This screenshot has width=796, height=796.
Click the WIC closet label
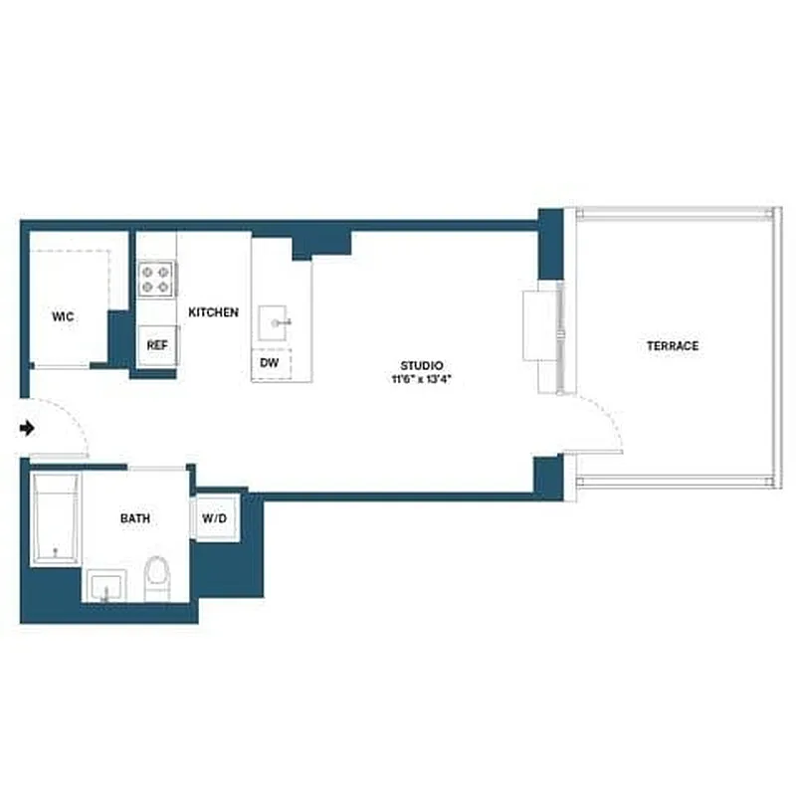pos(63,316)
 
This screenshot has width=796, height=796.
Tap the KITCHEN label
pos(213,312)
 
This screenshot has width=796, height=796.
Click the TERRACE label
pos(673,346)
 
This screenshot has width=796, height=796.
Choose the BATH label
pos(135,518)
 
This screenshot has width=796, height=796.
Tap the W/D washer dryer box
pos(214,518)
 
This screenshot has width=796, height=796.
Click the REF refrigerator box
pos(156,345)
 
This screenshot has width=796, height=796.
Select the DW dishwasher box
pos(270,364)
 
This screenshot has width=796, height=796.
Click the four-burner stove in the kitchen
pos(156,278)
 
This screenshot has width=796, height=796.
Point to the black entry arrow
pos(28,428)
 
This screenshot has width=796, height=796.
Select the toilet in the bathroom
pos(157,579)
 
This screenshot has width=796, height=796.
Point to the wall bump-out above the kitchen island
pos(320,243)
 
